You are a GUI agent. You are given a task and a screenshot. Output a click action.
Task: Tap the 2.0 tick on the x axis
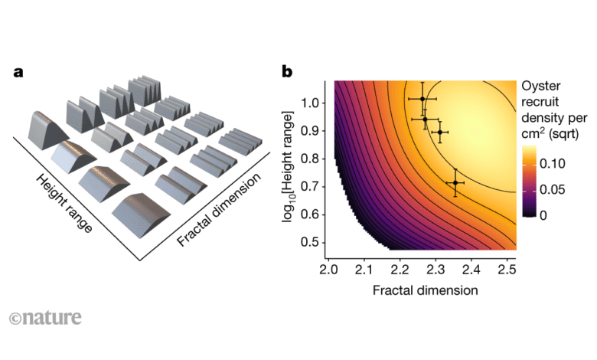coord(329,270)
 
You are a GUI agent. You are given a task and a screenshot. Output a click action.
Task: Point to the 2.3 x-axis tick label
coord(436,270)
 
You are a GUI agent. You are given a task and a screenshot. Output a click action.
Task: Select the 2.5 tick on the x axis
coord(507,270)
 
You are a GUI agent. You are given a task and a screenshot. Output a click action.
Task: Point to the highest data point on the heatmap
coord(422,99)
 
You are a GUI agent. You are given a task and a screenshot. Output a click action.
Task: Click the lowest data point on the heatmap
coord(455,182)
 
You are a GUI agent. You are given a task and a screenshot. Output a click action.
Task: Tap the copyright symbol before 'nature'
coord(15,318)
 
